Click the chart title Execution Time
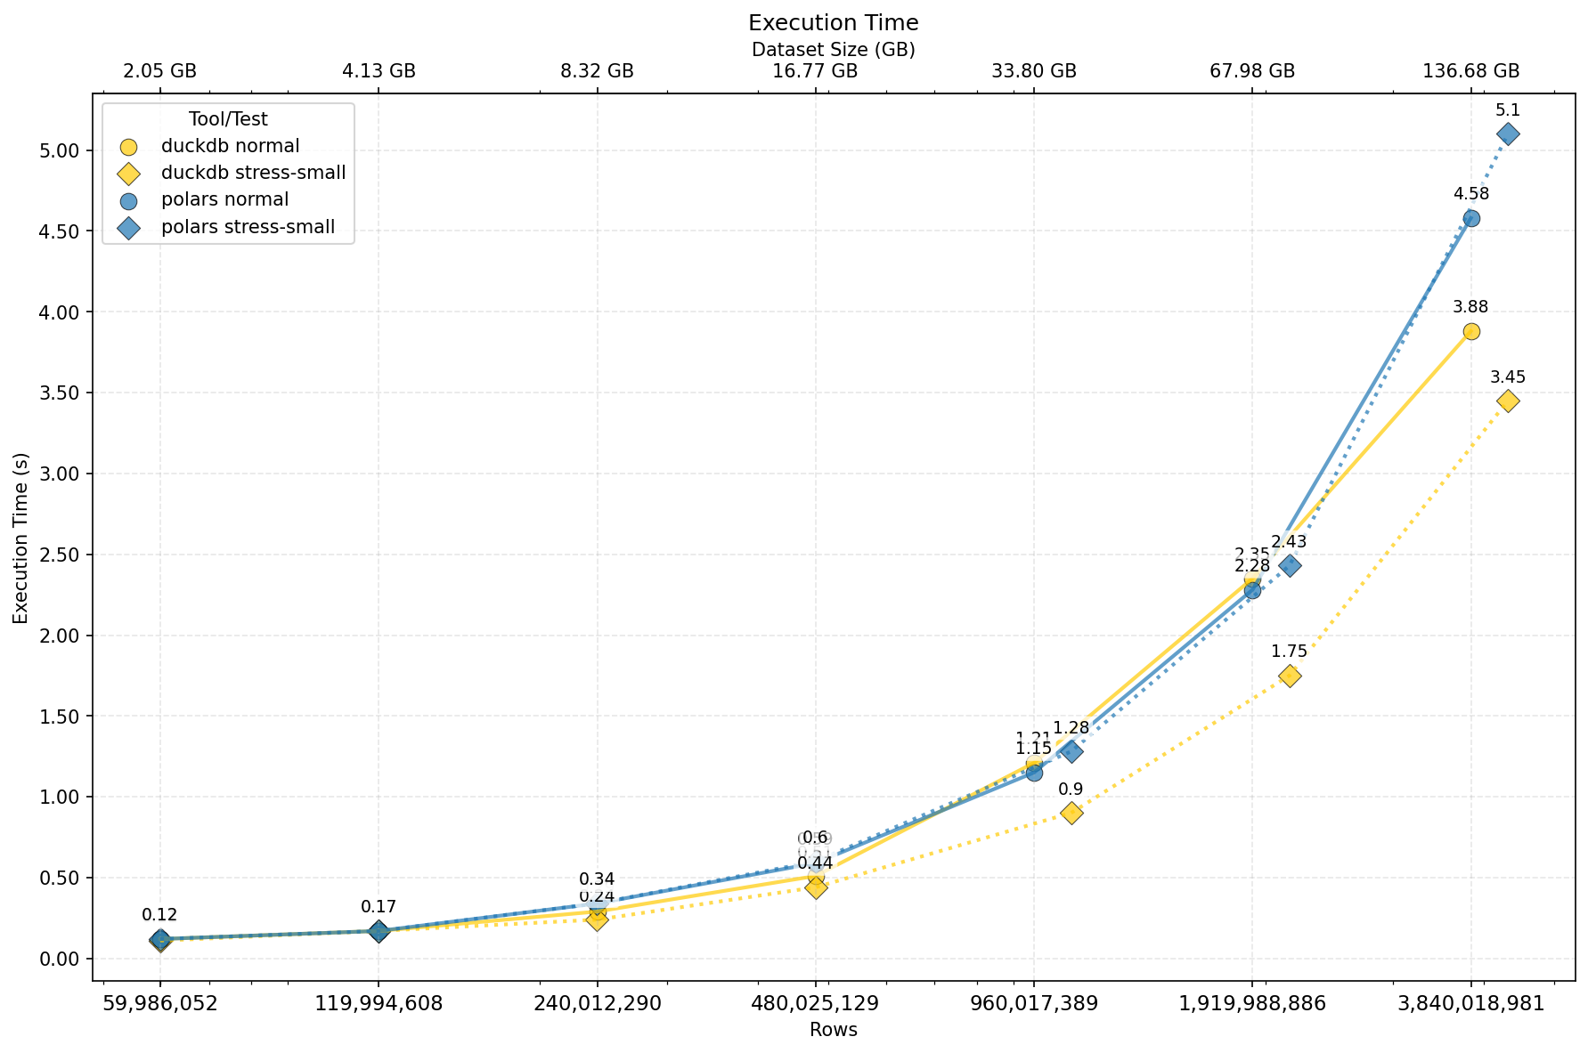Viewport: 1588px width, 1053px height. [833, 23]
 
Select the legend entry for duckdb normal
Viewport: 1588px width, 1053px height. [230, 146]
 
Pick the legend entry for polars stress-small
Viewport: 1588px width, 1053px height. [248, 227]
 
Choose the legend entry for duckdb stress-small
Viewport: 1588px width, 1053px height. [253, 173]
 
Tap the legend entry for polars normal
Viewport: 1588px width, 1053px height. [224, 200]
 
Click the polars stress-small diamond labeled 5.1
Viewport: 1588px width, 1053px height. [1508, 134]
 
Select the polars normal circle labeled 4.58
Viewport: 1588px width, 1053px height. [1471, 218]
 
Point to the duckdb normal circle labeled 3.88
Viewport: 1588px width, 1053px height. [1471, 331]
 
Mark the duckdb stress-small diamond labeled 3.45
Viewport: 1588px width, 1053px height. [1508, 401]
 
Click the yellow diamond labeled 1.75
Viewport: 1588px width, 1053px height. [1290, 676]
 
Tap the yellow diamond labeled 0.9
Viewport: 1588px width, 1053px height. [1071, 813]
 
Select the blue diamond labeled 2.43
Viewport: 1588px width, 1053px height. [1290, 565]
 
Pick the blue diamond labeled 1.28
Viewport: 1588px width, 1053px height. [1071, 751]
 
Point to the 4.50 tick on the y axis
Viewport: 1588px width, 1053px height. [62, 231]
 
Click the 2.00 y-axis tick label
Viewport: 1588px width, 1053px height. [62, 636]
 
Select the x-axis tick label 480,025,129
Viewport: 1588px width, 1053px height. [816, 1003]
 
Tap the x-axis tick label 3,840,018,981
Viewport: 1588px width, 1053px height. [1471, 1003]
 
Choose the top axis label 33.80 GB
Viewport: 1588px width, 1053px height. [1034, 71]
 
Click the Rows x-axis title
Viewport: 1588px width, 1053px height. [833, 1030]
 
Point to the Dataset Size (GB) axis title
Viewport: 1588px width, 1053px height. [833, 50]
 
